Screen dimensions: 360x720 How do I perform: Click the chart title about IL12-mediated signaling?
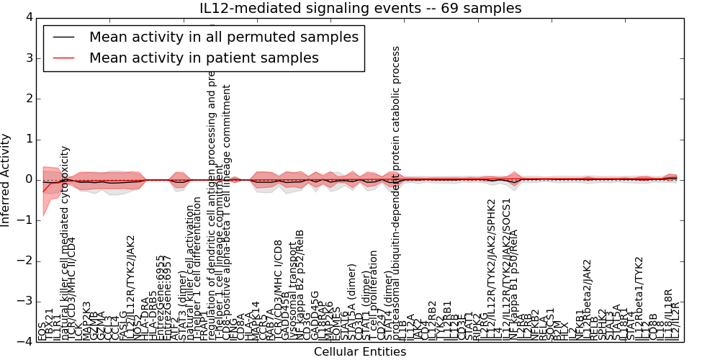tap(360, 9)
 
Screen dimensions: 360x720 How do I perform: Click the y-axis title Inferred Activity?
tap(6, 180)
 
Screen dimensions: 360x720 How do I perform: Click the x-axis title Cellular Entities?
tap(360, 352)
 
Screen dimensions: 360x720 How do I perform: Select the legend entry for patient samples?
tap(204, 58)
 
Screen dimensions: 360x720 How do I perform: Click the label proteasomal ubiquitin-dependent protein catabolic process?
tap(396, 187)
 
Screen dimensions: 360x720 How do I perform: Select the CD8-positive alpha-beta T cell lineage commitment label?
tap(227, 209)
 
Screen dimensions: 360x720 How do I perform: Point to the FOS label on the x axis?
tap(42, 332)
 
